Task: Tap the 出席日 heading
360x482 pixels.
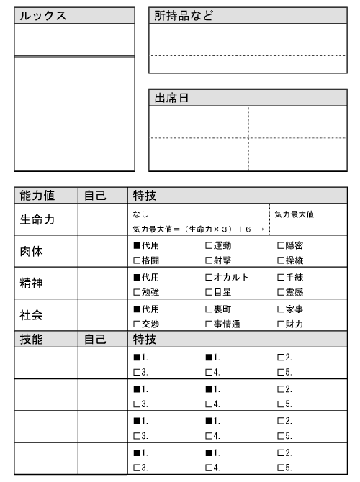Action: pyautogui.click(x=172, y=98)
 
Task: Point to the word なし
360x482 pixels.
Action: pyautogui.click(x=139, y=214)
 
